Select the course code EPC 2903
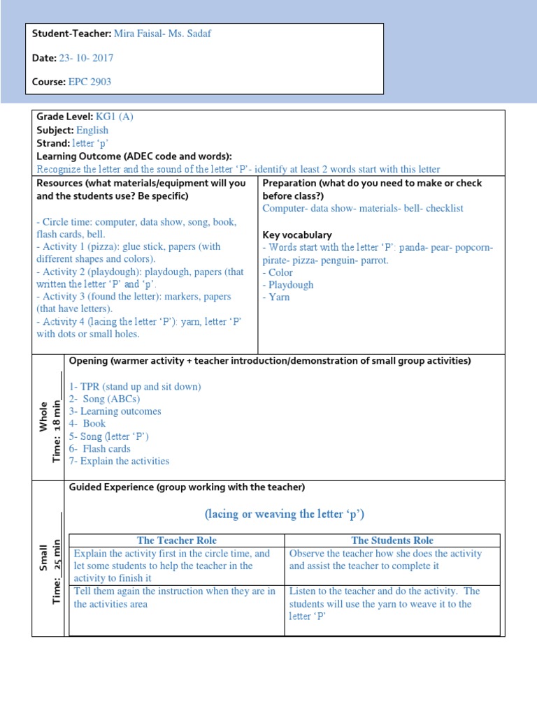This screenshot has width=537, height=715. [89, 82]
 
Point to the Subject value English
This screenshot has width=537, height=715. [92, 130]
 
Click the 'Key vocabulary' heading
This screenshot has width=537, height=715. [297, 235]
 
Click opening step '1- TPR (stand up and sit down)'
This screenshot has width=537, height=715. [135, 387]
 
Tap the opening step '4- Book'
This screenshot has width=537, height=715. [87, 424]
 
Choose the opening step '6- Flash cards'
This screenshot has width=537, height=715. [100, 449]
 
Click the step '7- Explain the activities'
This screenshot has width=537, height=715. [119, 461]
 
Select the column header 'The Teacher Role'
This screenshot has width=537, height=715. [177, 540]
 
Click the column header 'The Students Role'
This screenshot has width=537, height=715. [392, 540]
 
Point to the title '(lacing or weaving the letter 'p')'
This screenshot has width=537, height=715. [285, 515]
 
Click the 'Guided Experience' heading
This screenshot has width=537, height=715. [187, 487]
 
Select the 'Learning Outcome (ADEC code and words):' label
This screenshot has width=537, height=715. [134, 156]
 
